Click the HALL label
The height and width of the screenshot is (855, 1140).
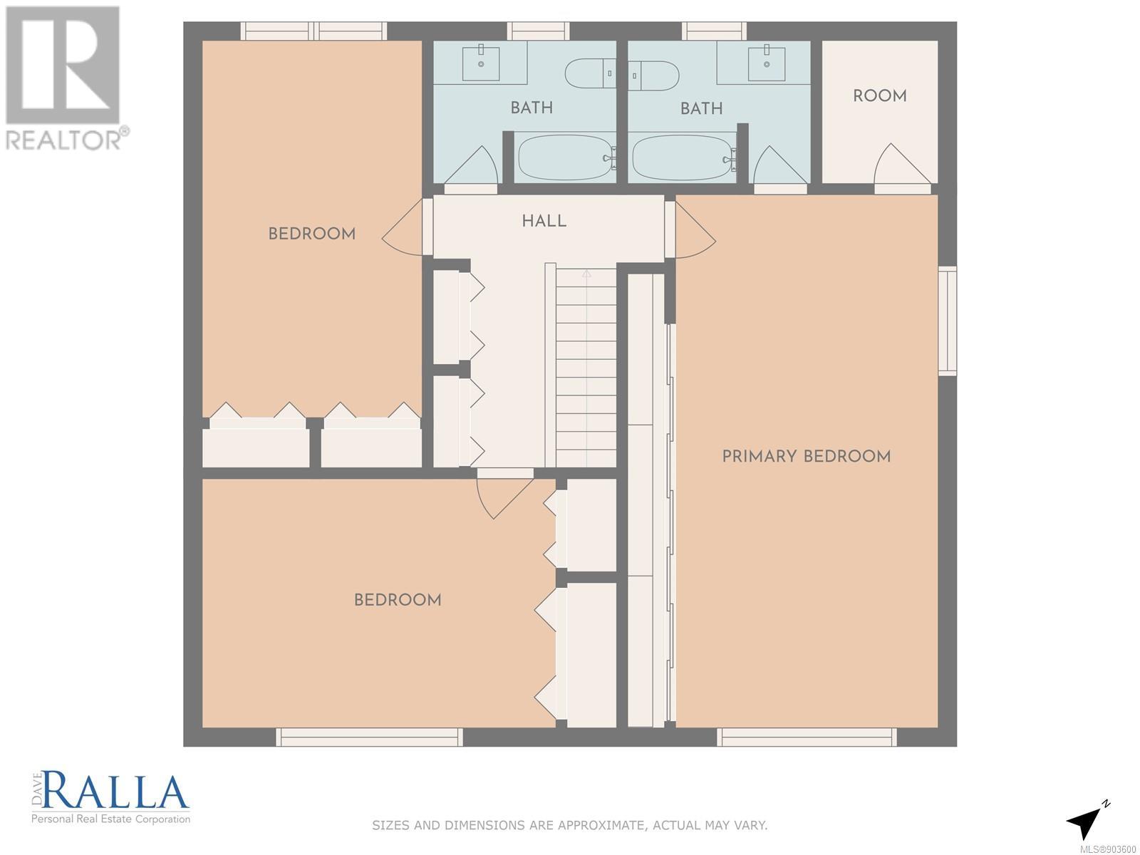point(544,221)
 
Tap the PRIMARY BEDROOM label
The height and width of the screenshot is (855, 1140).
point(806,456)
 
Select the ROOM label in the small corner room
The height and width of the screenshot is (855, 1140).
point(880,95)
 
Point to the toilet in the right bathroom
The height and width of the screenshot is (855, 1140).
point(654,76)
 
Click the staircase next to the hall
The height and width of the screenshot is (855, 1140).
point(586,368)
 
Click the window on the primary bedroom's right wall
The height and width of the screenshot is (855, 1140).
point(948,321)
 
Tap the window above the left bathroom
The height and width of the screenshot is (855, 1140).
point(538,31)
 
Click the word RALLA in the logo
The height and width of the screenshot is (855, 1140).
point(115,792)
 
